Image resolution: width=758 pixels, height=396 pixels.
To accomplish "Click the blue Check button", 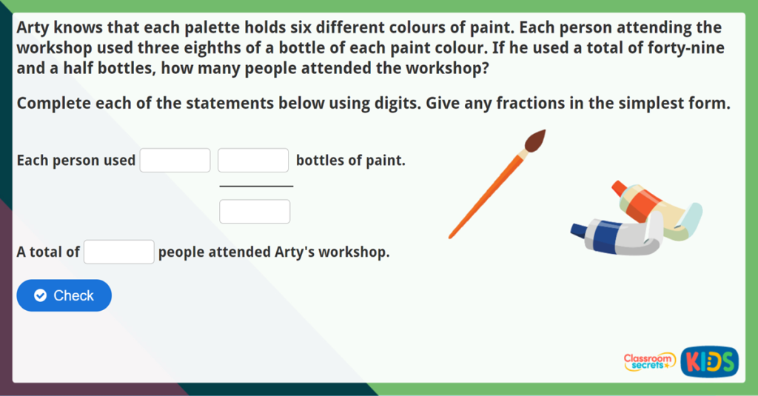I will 64,295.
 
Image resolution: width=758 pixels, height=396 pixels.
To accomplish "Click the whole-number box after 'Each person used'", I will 175,161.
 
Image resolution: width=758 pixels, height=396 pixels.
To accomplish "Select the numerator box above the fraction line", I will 253,161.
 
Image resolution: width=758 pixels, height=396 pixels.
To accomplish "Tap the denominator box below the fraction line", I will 255,212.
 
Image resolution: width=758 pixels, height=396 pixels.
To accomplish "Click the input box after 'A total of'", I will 119,252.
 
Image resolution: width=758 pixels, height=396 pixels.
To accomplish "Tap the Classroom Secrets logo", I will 649,361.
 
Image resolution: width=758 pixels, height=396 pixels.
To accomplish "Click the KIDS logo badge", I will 709,361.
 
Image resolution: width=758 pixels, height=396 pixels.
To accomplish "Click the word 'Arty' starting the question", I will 33,28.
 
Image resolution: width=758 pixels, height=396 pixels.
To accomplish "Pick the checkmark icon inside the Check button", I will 41,295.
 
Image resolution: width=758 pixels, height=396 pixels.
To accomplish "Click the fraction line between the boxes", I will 256,187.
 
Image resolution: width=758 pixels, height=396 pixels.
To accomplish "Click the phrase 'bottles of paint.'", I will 351,161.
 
